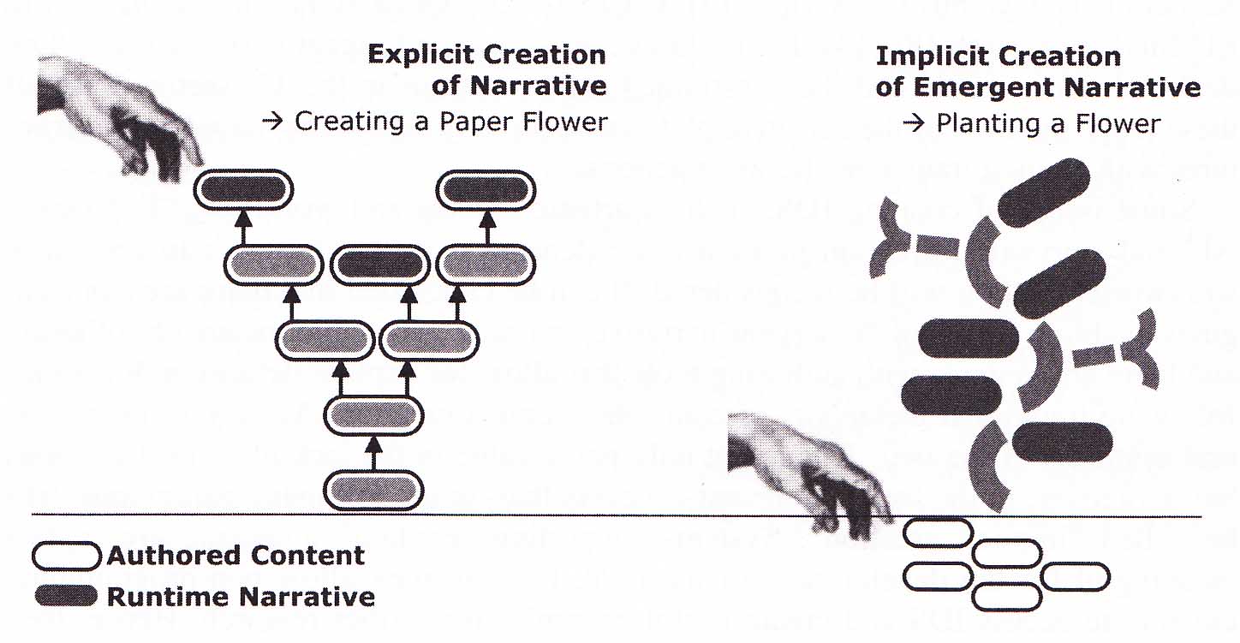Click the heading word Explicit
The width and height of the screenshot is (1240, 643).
point(417,56)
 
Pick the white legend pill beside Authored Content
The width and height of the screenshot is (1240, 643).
point(66,556)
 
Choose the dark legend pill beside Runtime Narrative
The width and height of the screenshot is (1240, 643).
point(66,596)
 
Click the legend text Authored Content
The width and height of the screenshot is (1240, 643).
point(235,556)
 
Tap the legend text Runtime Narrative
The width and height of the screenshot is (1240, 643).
point(241,596)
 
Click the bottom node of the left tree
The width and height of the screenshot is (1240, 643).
point(374,490)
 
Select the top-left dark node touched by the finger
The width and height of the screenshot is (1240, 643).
point(243,190)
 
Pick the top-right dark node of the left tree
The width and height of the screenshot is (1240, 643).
point(486,190)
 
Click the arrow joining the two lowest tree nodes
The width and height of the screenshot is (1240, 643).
point(373,453)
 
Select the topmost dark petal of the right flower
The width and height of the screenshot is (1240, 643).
point(1044,193)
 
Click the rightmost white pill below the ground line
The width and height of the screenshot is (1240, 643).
point(1076,576)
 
